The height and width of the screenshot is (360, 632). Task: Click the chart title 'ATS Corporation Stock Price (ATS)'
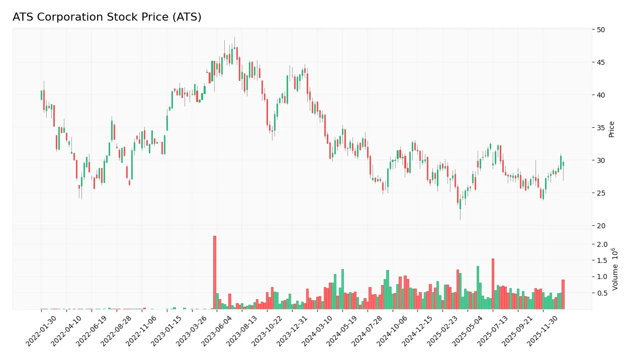pyautogui.click(x=107, y=17)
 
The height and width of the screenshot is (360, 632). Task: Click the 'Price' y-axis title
pyautogui.click(x=612, y=128)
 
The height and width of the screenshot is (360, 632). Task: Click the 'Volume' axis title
pyautogui.click(x=614, y=268)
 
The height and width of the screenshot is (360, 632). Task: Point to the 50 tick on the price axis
pyautogui.click(x=601, y=30)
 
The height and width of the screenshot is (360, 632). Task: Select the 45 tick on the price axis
pyautogui.click(x=601, y=62)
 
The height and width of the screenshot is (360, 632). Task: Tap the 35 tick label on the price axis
pyautogui.click(x=601, y=128)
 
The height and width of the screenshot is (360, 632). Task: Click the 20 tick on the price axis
pyautogui.click(x=601, y=226)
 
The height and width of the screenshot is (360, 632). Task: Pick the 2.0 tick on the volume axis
pyautogui.click(x=602, y=244)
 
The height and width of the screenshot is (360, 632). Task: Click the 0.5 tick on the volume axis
pyautogui.click(x=602, y=293)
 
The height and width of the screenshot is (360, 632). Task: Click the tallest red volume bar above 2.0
pyautogui.click(x=215, y=272)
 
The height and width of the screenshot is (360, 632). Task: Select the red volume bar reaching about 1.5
pyautogui.click(x=493, y=284)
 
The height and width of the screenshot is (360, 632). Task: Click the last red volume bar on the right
pyautogui.click(x=563, y=294)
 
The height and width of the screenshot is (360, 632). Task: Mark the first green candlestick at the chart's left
pyautogui.click(x=41, y=95)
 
